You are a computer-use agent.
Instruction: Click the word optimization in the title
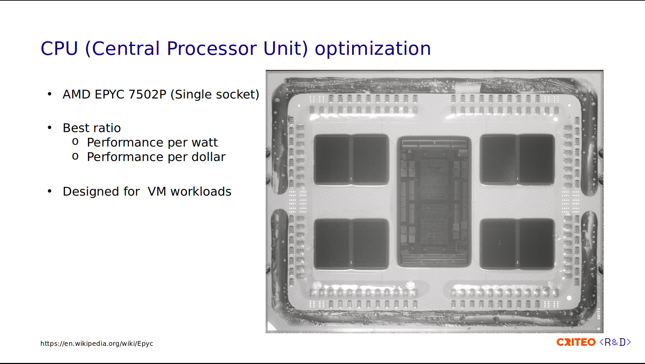(373, 49)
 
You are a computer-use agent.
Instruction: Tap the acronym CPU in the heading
(59, 48)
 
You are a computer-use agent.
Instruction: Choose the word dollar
(208, 157)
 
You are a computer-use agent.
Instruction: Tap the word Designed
(91, 192)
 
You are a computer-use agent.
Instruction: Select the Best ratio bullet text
(92, 128)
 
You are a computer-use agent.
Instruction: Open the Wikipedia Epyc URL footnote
(97, 343)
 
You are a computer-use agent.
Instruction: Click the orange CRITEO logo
(576, 342)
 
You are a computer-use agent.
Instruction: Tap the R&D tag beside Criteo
(615, 342)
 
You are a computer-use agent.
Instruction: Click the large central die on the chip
(434, 202)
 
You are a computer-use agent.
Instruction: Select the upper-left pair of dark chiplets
(351, 160)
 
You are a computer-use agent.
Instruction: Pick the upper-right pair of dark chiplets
(518, 159)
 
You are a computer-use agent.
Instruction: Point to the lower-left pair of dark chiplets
(351, 244)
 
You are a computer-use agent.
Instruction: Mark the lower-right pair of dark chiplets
(518, 244)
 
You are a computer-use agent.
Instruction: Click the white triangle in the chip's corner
(271, 326)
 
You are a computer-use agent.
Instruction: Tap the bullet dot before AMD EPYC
(50, 94)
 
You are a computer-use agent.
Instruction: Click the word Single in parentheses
(193, 94)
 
